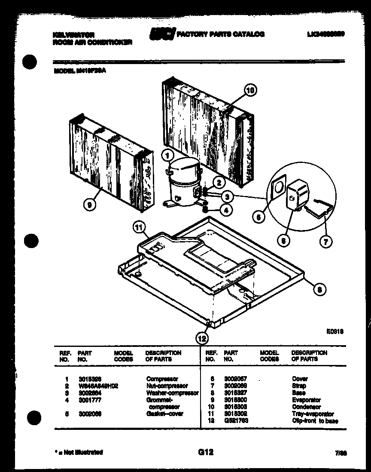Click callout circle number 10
coord(250,90)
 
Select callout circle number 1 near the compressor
coord(168,154)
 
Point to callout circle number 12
coord(202,338)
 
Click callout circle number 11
coord(138,228)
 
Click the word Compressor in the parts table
coord(162,379)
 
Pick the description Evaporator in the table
coord(306,400)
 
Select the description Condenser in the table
coord(306,407)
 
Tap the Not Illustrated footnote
coord(77,452)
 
